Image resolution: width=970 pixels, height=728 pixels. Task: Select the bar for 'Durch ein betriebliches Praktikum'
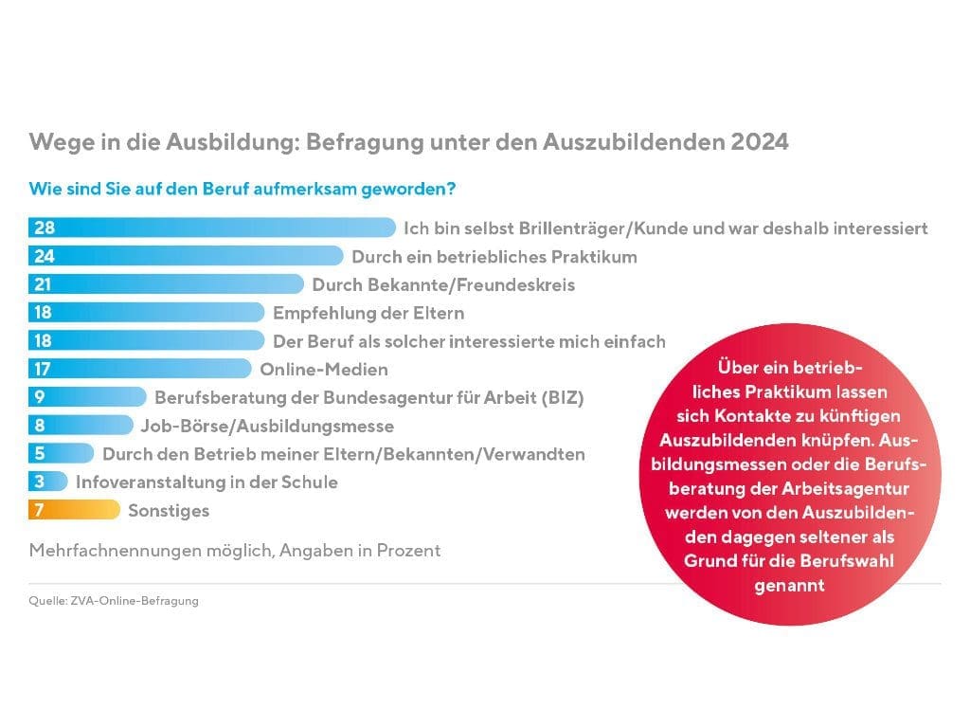[186, 256]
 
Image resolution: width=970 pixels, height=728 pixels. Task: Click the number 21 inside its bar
[43, 284]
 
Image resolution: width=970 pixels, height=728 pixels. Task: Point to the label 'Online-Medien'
[324, 370]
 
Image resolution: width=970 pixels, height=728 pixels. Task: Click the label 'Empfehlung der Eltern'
[368, 313]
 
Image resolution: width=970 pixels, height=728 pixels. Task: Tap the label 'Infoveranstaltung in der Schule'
[207, 482]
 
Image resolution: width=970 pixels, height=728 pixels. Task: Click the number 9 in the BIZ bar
[39, 397]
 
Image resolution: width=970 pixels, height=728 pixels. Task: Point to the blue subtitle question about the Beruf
[242, 189]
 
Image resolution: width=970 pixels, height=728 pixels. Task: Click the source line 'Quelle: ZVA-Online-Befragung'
[114, 601]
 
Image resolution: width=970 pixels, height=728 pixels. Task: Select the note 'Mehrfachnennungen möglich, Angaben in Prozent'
[235, 550]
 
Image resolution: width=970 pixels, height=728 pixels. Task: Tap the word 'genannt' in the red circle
[789, 586]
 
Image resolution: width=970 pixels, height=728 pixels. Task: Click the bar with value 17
[142, 369]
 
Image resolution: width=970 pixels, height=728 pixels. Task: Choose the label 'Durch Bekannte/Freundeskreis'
[443, 284]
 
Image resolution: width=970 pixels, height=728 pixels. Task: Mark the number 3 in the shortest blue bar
[39, 482]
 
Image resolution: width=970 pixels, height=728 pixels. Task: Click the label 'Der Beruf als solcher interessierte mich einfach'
[469, 341]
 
